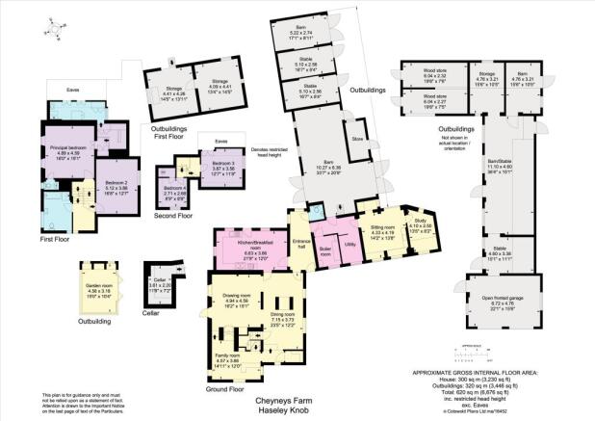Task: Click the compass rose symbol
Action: [x=54, y=30]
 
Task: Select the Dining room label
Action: [x=282, y=316]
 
